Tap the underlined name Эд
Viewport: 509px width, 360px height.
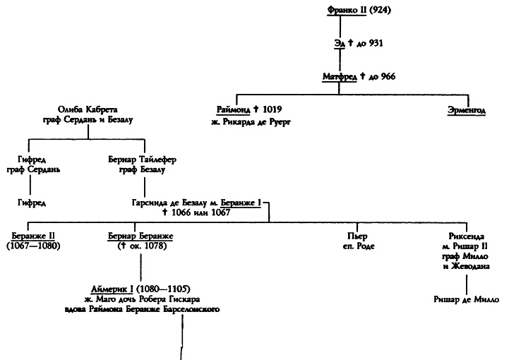click(x=339, y=43)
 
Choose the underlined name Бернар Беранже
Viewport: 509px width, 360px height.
click(x=140, y=235)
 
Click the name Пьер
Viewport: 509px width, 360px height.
click(x=354, y=235)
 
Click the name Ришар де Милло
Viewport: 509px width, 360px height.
click(x=467, y=299)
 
